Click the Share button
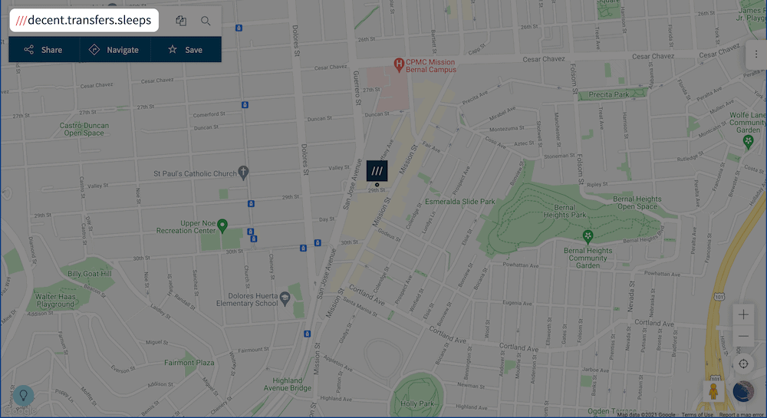pyautogui.click(x=43, y=50)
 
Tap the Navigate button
pyautogui.click(x=114, y=50)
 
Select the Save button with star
pyautogui.click(x=185, y=50)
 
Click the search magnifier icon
pyautogui.click(x=206, y=21)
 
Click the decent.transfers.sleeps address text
pyautogui.click(x=84, y=20)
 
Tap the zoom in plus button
pyautogui.click(x=742, y=314)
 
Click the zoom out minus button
pyautogui.click(x=742, y=337)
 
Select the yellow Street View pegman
pyautogui.click(x=714, y=390)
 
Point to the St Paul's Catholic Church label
pyautogui.click(x=195, y=173)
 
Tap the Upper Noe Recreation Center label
pyautogui.click(x=186, y=227)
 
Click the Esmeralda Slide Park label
pyautogui.click(x=460, y=202)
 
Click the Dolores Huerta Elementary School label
pyautogui.click(x=245, y=299)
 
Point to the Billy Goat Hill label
pyautogui.click(x=89, y=274)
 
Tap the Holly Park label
pyautogui.click(x=418, y=403)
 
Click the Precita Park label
pyautogui.click(x=608, y=95)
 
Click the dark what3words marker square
pyautogui.click(x=377, y=170)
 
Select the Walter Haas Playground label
pyautogui.click(x=55, y=300)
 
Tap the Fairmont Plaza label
pyautogui.click(x=189, y=363)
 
